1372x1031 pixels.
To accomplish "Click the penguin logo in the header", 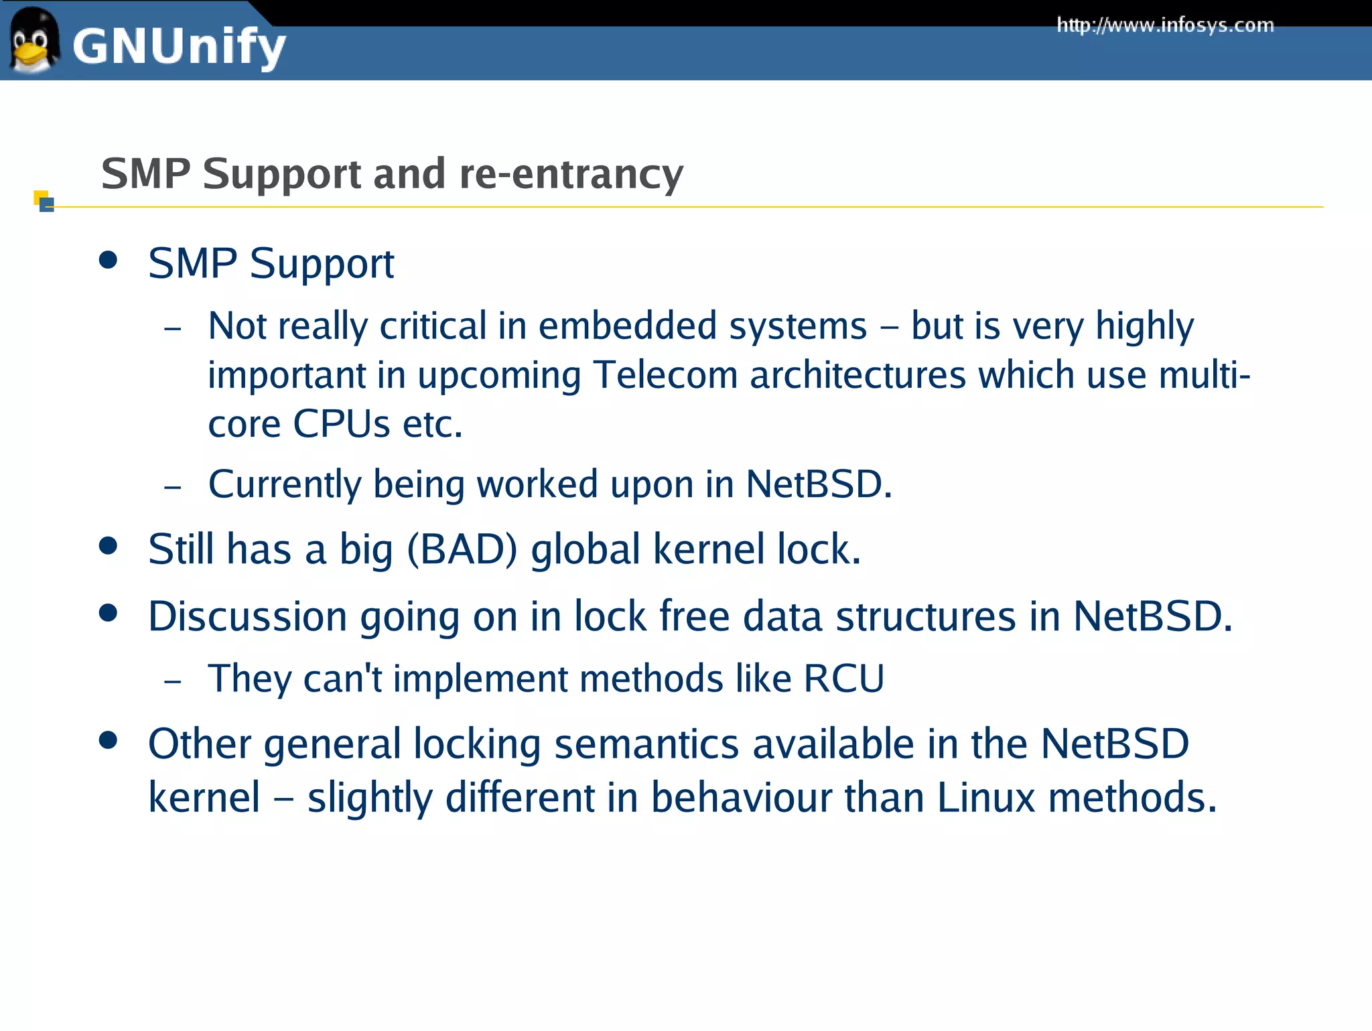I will point(33,40).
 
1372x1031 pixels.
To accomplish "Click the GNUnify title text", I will point(179,47).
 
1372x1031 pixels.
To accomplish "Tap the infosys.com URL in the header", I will point(1164,25).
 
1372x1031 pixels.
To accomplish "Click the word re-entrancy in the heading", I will point(571,174).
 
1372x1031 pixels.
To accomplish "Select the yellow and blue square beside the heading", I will point(44,201).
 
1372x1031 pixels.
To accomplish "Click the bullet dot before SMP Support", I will point(108,260).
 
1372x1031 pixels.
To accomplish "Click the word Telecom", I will point(665,375).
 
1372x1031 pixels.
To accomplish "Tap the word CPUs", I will point(341,424).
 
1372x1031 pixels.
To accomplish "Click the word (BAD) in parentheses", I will point(462,550).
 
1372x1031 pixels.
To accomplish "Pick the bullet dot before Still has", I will point(108,545).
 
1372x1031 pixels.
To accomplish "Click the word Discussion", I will point(247,616).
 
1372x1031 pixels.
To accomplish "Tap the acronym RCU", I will point(843,679).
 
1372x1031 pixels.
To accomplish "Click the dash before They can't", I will point(173,681).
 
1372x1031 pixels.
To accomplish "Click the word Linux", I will point(985,798).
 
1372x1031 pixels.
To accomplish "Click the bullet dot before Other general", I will point(108,740).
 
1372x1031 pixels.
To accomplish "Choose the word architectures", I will point(857,375).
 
